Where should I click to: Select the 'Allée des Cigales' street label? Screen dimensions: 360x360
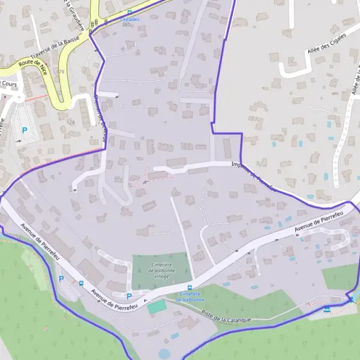328,46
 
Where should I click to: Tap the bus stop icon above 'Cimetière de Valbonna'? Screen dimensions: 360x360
190,287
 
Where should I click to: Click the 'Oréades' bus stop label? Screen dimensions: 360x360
130,19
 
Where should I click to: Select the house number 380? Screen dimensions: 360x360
126,25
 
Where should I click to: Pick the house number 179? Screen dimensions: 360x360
60,71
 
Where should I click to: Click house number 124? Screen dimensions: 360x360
71,122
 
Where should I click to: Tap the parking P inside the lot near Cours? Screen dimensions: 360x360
25,130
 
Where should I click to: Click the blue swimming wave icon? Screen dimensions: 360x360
326,310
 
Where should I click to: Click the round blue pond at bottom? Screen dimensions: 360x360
164,354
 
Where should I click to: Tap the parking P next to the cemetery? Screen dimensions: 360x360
129,296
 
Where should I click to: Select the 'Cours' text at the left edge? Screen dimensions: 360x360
8,83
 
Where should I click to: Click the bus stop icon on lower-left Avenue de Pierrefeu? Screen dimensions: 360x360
81,283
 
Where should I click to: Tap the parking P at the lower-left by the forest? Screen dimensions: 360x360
61,278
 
